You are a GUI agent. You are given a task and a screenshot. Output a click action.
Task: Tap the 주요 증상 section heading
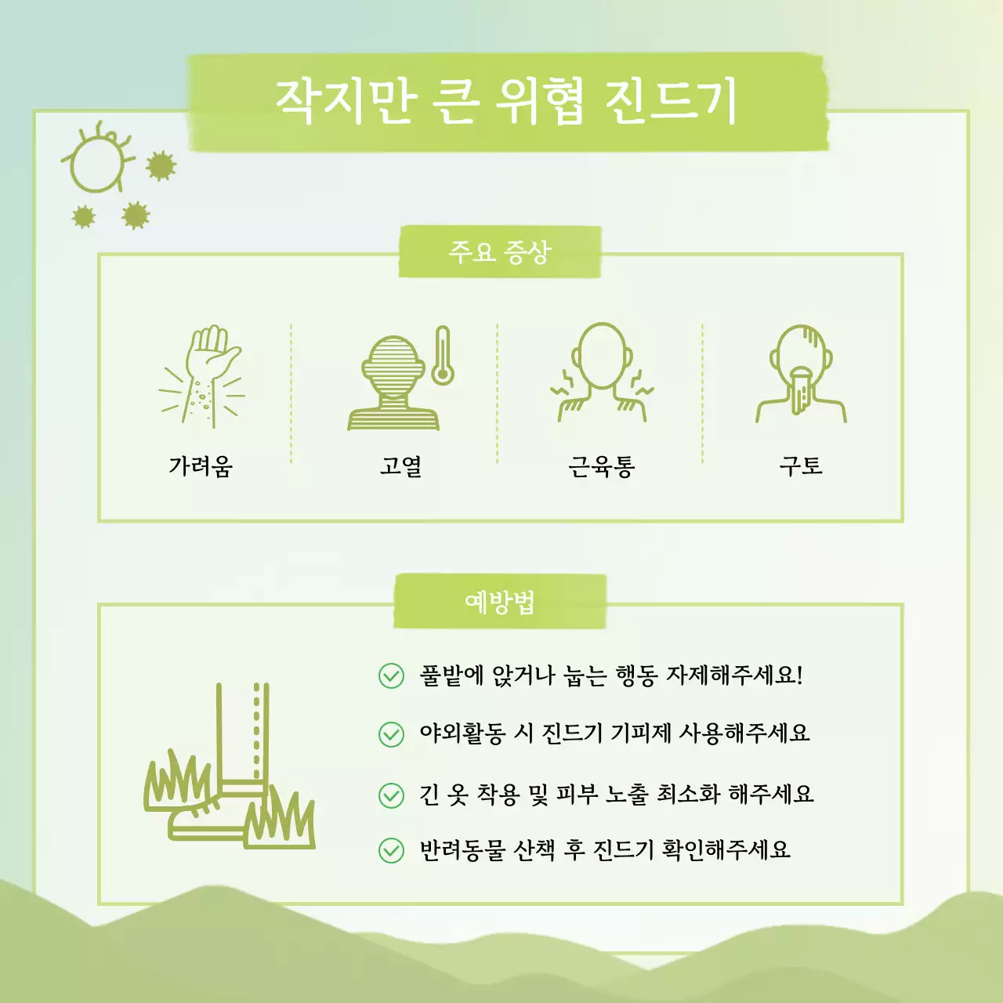click(x=500, y=252)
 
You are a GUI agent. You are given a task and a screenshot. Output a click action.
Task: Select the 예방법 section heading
click(x=500, y=602)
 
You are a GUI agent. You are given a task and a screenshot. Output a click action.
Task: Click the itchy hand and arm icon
click(x=202, y=376)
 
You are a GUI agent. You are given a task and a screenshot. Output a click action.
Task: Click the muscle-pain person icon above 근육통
click(x=601, y=373)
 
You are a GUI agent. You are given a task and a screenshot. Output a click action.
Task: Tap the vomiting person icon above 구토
click(x=801, y=373)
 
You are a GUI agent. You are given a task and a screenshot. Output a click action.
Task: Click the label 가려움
click(x=201, y=466)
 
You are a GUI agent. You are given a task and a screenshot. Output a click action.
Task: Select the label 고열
click(x=401, y=466)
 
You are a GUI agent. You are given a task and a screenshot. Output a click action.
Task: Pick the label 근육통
click(x=601, y=467)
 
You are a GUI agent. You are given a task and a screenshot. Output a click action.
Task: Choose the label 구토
click(x=801, y=466)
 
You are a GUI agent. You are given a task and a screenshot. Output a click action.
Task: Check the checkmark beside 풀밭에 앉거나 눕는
click(x=391, y=675)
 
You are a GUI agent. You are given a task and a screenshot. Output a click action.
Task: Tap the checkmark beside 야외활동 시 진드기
click(x=391, y=734)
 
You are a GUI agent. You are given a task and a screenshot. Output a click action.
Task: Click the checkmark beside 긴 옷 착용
click(x=391, y=795)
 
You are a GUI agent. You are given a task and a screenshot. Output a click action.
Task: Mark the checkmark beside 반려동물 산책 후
click(x=391, y=850)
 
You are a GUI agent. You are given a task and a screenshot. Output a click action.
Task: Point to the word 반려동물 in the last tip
click(x=462, y=850)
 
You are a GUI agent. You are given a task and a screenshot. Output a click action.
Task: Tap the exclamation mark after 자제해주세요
click(x=799, y=675)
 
